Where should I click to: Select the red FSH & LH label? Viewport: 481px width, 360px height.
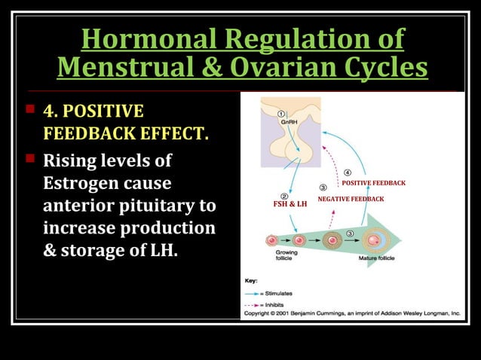coord(290,204)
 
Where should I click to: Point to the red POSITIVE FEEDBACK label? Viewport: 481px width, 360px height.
coord(374,183)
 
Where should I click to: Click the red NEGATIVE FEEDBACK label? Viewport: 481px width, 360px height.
coord(351,199)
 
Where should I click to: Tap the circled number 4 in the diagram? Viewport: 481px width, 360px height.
coord(348,171)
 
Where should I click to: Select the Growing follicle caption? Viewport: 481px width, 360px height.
coord(286,256)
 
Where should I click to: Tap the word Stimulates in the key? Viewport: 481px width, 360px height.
coord(277,292)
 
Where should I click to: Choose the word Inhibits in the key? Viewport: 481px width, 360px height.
coord(274,303)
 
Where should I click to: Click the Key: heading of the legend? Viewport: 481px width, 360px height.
coord(251,279)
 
